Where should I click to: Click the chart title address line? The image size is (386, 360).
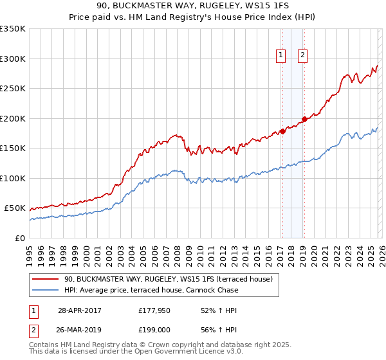[193, 6]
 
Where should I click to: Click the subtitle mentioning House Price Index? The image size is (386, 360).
[193, 17]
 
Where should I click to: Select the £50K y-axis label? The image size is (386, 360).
[15, 208]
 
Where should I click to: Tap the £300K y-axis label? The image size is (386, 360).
[13, 59]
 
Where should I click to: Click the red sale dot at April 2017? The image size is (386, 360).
[282, 131]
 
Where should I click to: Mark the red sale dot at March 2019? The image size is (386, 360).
[304, 119]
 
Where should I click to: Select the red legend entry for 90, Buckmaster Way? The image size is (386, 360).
[169, 279]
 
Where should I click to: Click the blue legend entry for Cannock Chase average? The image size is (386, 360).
[151, 290]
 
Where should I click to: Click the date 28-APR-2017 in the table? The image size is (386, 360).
[79, 310]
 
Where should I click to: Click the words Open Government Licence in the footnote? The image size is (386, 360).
[191, 352]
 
